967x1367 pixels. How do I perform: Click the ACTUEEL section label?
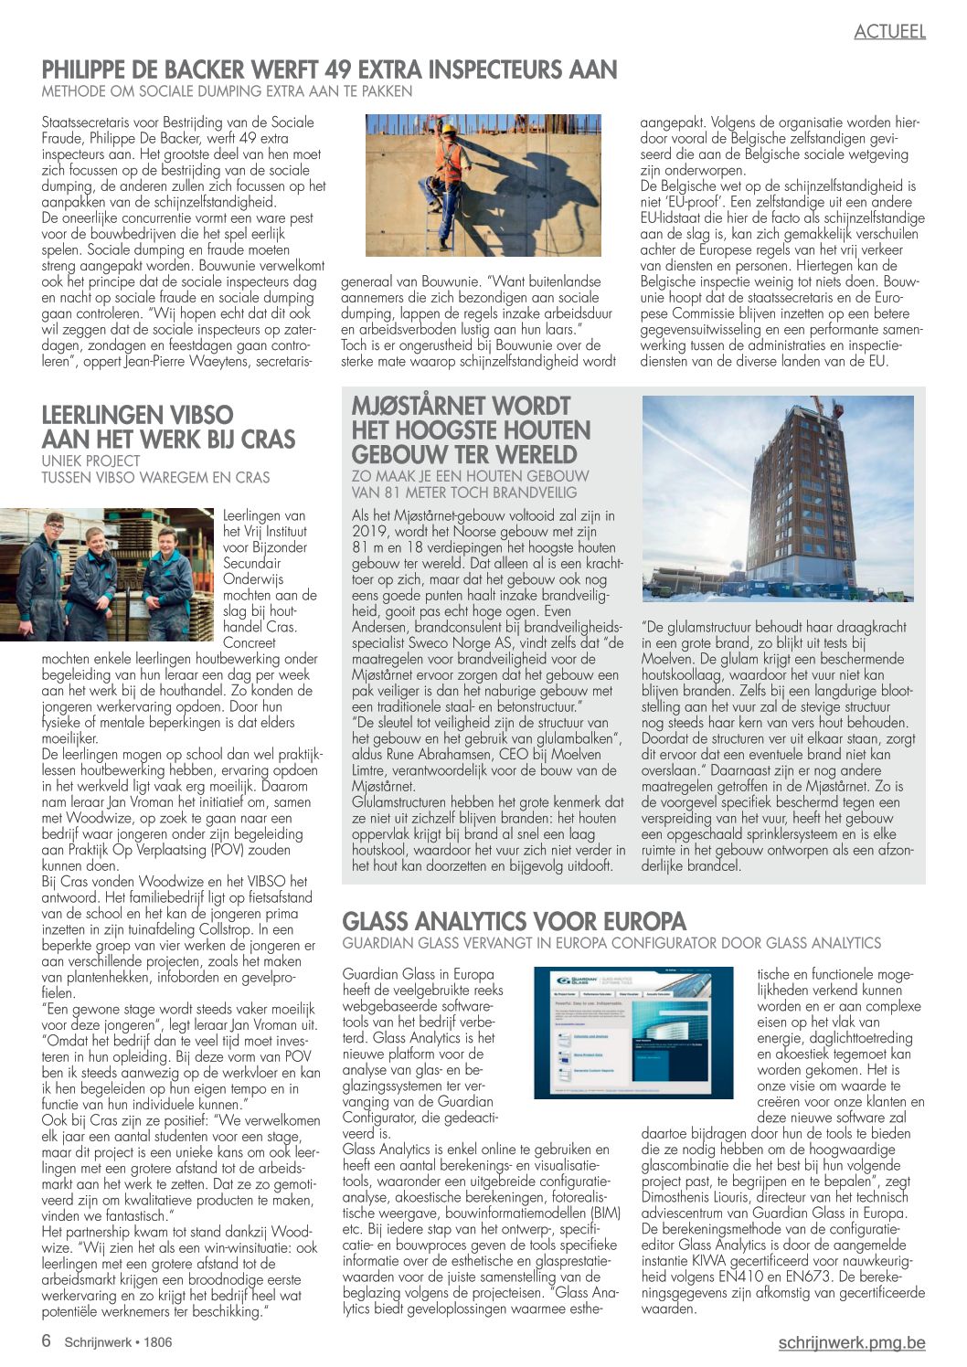click(889, 31)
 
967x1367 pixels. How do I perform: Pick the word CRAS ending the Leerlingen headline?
click(267, 440)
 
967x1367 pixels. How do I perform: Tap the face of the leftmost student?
click(54, 528)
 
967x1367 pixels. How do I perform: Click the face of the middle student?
click(95, 539)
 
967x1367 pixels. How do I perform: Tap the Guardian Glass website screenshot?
click(633, 1033)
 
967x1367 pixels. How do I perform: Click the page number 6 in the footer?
click(46, 1341)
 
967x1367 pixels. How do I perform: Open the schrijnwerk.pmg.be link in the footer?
click(851, 1342)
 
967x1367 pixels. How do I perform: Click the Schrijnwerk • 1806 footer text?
click(118, 1342)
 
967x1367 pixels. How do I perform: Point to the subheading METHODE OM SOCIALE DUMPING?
click(227, 91)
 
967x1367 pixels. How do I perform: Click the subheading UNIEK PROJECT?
click(90, 461)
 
